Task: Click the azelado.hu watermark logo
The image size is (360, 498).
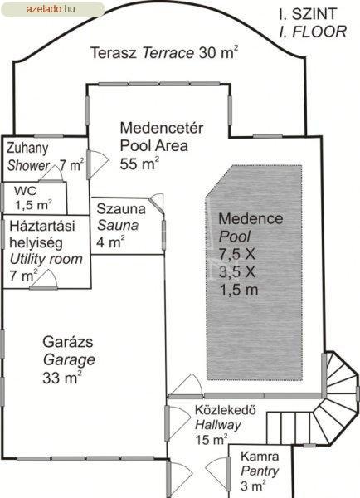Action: [x=52, y=9]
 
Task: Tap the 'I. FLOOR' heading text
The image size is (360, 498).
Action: [x=313, y=32]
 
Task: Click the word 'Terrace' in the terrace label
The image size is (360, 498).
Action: [x=168, y=53]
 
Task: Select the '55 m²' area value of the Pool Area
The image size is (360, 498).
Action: [x=139, y=164]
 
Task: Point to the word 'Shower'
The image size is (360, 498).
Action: [x=28, y=165]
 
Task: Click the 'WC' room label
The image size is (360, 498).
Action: [x=25, y=191]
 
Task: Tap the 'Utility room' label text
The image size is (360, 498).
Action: [x=46, y=259]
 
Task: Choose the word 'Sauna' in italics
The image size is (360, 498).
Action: [x=118, y=226]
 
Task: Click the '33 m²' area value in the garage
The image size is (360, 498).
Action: [x=62, y=378]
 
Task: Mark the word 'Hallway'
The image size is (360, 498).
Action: [x=218, y=425]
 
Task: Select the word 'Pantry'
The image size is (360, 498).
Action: [x=260, y=471]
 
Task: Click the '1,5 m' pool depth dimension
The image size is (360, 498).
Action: [x=238, y=290]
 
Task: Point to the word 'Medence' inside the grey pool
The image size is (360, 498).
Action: [x=251, y=218]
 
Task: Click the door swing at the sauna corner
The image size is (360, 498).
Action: [x=158, y=203]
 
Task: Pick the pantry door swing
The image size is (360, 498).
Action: [x=217, y=470]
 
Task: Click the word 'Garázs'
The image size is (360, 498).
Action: [x=68, y=342]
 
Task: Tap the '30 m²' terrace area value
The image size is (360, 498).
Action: [x=218, y=53]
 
